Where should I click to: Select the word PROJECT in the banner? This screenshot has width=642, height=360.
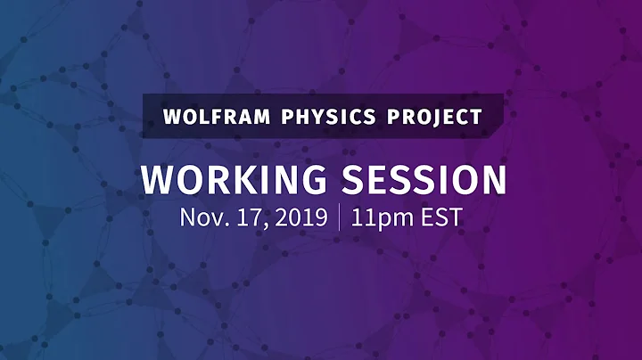tap(434, 116)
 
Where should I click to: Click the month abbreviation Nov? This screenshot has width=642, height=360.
tap(202, 217)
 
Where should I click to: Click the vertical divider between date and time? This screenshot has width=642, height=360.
tap(339, 218)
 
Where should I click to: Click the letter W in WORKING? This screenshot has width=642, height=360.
tap(158, 179)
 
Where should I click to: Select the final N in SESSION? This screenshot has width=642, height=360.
tap(493, 179)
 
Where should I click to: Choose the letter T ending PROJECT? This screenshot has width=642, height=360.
tap(477, 116)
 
